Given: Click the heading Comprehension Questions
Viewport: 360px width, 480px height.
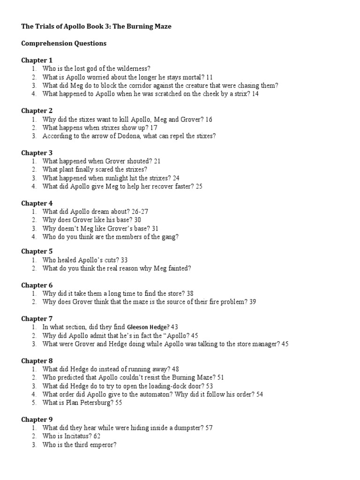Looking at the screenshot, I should coord(64,44).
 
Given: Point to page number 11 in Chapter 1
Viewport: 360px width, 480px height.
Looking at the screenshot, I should coord(209,77).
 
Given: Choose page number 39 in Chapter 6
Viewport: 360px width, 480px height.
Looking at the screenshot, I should coord(253,302).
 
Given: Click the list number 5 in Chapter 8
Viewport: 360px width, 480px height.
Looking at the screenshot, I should coord(34,403).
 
